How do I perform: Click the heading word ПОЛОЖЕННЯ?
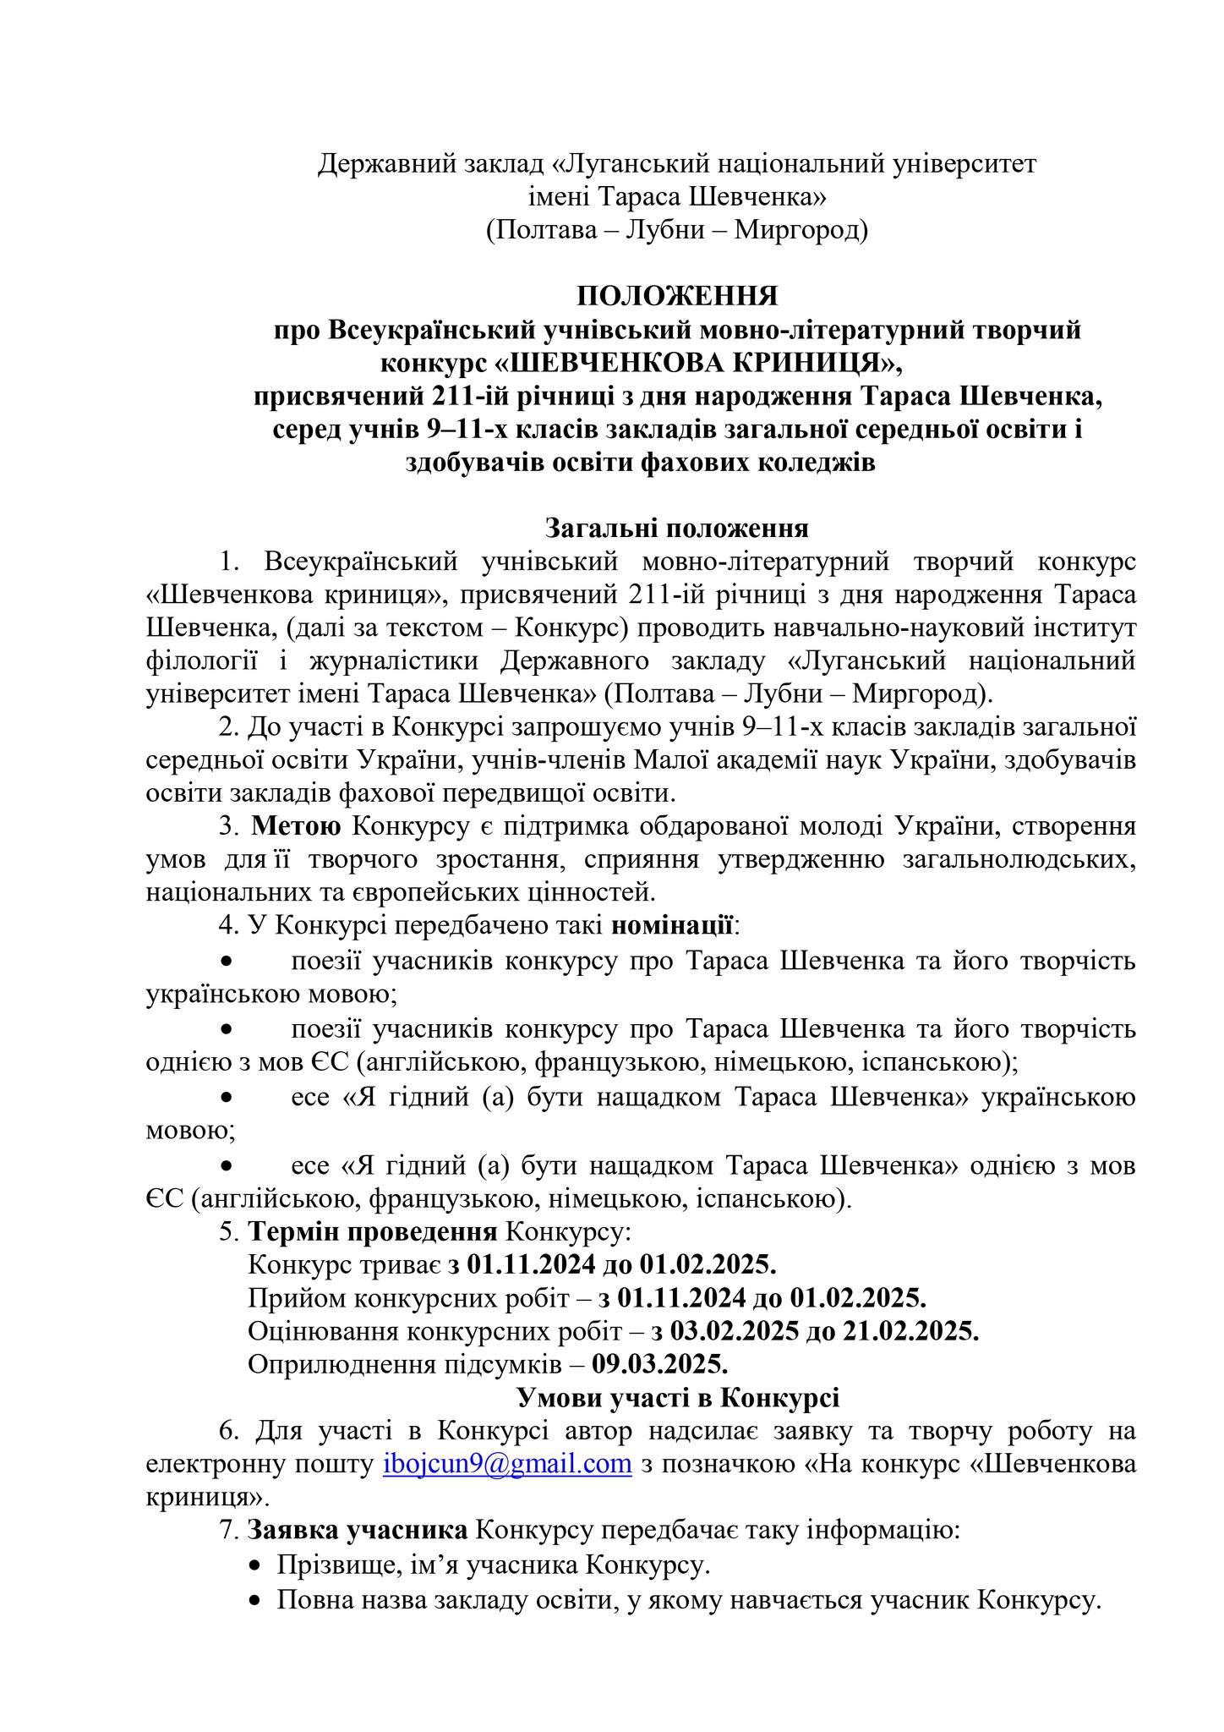(x=676, y=296)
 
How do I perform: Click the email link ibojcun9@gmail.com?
(x=507, y=1464)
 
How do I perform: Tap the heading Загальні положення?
(x=676, y=529)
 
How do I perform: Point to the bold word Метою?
(x=297, y=825)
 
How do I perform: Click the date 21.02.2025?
(x=910, y=1331)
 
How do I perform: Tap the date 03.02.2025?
(x=735, y=1331)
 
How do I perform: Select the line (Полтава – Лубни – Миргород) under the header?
(x=676, y=230)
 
